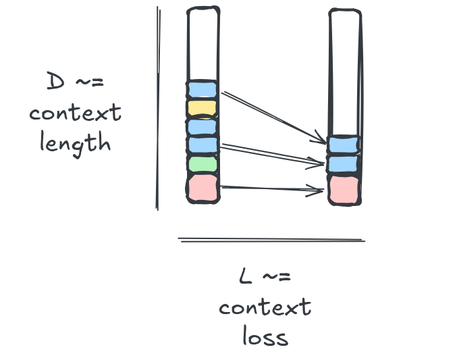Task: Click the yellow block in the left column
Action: click(x=202, y=109)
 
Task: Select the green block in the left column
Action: click(x=203, y=164)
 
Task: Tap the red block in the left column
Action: click(x=203, y=188)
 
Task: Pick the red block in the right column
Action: click(x=344, y=190)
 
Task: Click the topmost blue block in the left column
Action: click(x=202, y=89)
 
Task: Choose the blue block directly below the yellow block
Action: click(x=202, y=126)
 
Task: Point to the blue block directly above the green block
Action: click(x=203, y=145)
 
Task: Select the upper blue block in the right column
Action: click(x=343, y=145)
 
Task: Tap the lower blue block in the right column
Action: click(x=343, y=163)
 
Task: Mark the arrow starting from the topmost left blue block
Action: click(x=273, y=118)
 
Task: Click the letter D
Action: click(x=55, y=81)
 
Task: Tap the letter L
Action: click(x=245, y=276)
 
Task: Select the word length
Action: click(x=75, y=144)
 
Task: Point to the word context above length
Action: click(x=75, y=113)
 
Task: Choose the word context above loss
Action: click(x=265, y=307)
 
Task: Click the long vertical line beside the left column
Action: click(x=158, y=108)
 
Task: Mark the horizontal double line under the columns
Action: click(x=271, y=240)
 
